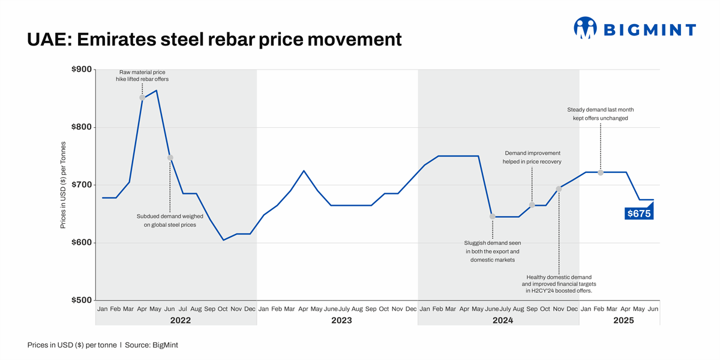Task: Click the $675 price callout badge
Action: [x=638, y=213]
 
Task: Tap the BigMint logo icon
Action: [x=585, y=28]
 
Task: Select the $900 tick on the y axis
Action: [x=81, y=70]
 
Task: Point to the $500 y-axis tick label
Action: [x=81, y=300]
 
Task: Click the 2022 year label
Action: [x=180, y=320]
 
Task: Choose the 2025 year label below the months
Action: [x=623, y=320]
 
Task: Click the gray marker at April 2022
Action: [x=142, y=98]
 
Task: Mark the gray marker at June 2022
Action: [x=170, y=158]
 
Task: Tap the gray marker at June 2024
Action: [x=492, y=217]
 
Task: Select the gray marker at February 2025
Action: [x=601, y=173]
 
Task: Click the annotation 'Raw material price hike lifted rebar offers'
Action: [x=142, y=76]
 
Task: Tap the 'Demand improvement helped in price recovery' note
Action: [x=532, y=157]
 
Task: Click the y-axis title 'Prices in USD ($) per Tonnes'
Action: [x=64, y=185]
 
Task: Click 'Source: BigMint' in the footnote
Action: [x=151, y=345]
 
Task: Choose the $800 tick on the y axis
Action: [x=81, y=127]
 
